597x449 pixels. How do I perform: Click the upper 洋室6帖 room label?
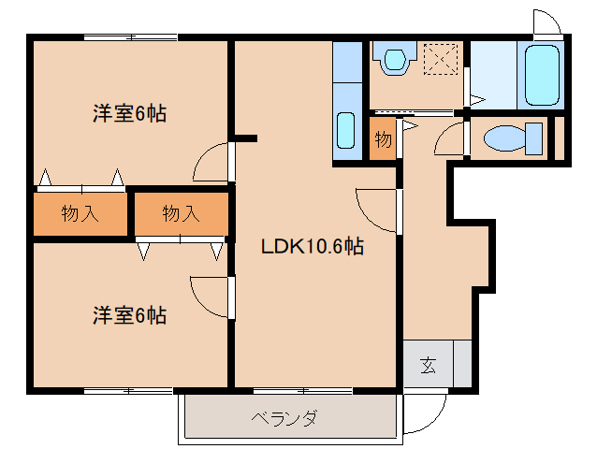coord(129,114)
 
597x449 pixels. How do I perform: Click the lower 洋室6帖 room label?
coord(129,315)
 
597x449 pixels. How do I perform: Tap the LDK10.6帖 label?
coord(313,247)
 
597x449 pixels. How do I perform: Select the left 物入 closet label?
coord(80,213)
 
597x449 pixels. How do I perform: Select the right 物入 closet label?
coord(181,213)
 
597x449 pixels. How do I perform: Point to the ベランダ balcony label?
coord(284,417)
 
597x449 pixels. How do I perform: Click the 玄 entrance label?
coord(427,365)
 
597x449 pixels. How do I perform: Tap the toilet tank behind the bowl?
coord(535,139)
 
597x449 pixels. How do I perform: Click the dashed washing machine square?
coord(438,61)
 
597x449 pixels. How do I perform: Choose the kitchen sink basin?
coord(345,129)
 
